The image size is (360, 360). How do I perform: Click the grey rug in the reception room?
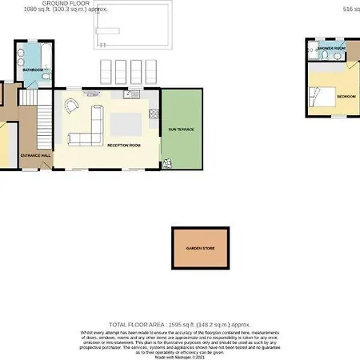click(x=125, y=123)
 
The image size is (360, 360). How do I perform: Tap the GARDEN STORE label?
click(x=199, y=249)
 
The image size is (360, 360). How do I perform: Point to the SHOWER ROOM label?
click(x=330, y=49)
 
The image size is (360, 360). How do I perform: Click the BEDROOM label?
click(x=346, y=96)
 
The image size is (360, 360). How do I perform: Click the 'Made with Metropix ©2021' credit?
click(x=180, y=355)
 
